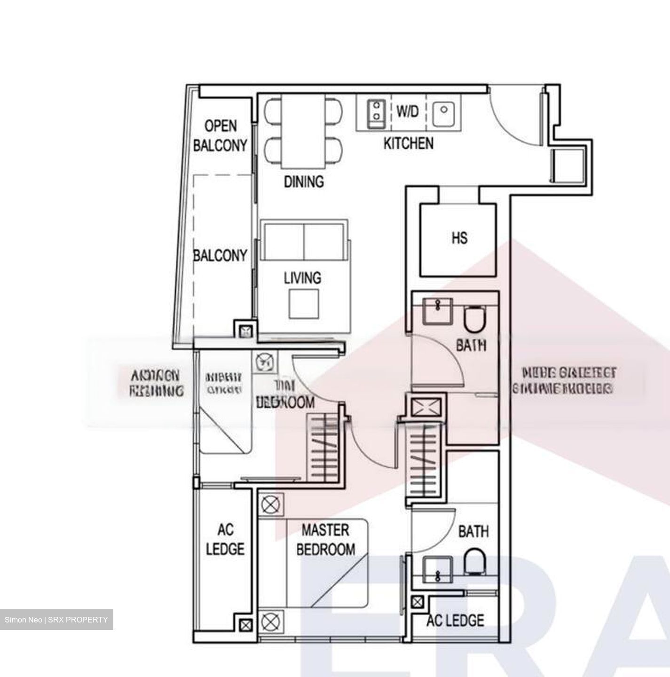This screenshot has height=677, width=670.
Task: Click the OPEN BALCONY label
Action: (x=220, y=135)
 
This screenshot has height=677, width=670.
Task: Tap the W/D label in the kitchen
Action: (x=407, y=111)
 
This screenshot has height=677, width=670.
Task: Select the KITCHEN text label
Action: (x=408, y=143)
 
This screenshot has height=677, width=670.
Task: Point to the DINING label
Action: (x=304, y=181)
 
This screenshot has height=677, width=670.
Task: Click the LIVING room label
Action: (x=302, y=278)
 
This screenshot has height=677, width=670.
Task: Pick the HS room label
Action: (x=459, y=238)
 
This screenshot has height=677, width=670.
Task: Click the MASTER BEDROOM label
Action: (x=325, y=540)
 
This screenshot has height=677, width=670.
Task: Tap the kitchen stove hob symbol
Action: (x=376, y=112)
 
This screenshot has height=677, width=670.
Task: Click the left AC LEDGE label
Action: (x=225, y=540)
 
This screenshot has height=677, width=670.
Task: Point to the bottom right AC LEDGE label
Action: (x=455, y=621)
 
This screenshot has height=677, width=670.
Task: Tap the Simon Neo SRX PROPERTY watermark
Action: (x=56, y=620)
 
